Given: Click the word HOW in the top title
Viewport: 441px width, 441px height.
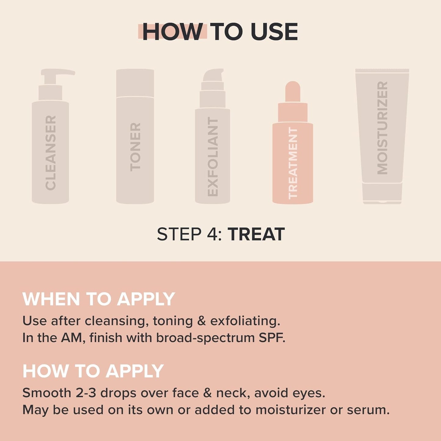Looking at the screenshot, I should pos(172,32).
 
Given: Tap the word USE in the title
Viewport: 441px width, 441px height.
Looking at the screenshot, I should pos(274,32).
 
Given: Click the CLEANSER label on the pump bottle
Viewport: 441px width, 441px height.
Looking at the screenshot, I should pos(51,153).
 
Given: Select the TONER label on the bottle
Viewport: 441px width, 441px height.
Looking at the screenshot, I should pos(135,147).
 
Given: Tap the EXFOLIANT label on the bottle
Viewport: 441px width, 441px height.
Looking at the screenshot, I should pos(213,157).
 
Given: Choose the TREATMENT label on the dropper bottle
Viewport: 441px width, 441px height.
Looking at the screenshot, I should pos(293,163).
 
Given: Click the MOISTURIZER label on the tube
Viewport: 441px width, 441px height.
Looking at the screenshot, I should pos(382,128).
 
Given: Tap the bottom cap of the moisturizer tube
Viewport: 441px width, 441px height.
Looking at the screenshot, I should pos(382,193).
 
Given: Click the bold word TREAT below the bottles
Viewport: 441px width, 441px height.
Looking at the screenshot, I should pos(256,234).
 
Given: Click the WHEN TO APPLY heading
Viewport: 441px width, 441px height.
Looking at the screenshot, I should pos(99,299).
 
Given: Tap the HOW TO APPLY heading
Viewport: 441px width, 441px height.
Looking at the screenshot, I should pos(93,371).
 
